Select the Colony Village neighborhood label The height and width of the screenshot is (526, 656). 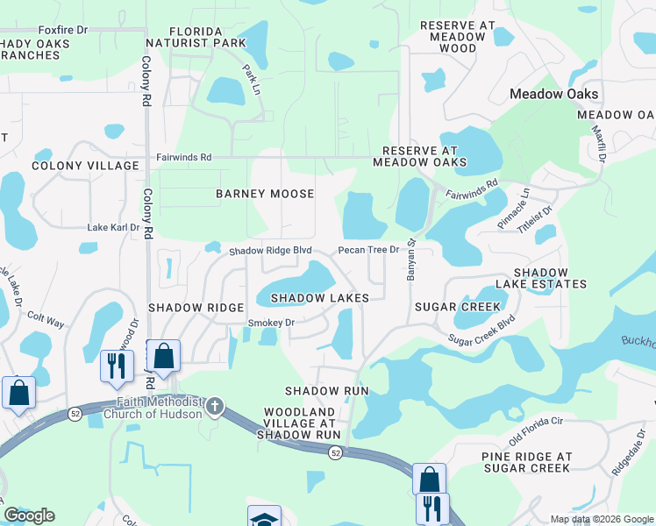(85, 166)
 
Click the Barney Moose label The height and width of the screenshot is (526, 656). (265, 193)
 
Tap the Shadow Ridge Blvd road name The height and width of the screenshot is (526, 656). (270, 250)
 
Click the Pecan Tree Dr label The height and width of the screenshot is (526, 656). (368, 250)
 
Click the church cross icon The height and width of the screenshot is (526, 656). (215, 407)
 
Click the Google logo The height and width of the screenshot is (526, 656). (29, 515)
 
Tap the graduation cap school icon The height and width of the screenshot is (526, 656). (264, 517)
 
